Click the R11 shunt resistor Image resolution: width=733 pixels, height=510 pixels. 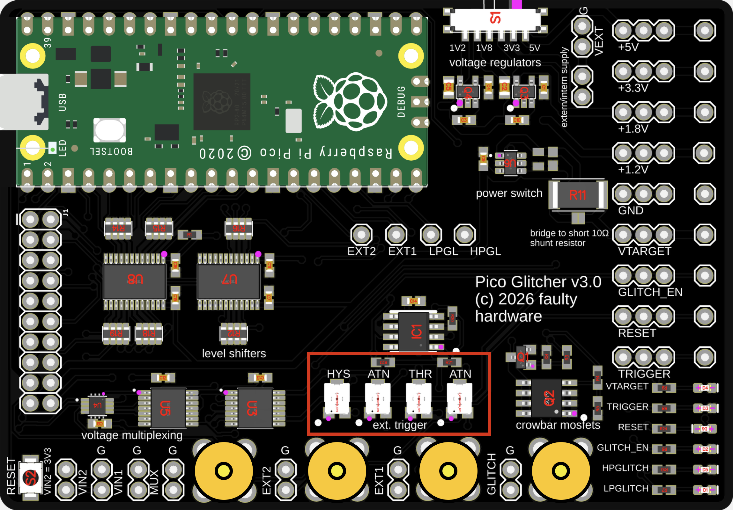[578, 195]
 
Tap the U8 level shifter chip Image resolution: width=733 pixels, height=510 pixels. [134, 281]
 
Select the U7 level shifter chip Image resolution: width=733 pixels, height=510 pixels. [229, 281]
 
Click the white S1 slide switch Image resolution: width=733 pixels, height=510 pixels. [495, 19]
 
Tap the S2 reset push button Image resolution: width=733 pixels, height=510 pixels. [31, 477]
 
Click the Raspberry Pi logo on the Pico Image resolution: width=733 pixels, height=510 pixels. [350, 102]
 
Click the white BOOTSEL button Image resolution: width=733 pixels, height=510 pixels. [109, 130]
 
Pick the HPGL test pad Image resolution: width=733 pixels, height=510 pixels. [464, 235]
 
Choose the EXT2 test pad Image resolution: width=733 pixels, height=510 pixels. [361, 235]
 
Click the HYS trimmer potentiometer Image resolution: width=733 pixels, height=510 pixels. [337, 399]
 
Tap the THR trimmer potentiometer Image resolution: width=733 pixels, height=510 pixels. [418, 399]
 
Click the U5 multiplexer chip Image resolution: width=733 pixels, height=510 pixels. [167, 408]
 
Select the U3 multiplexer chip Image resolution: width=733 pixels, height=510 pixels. [255, 408]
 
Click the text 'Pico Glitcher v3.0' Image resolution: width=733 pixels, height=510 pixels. [538, 282]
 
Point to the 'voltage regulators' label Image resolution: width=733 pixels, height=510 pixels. [495, 62]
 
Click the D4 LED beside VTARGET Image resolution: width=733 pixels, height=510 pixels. [705, 388]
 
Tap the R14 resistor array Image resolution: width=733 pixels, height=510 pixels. [118, 228]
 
